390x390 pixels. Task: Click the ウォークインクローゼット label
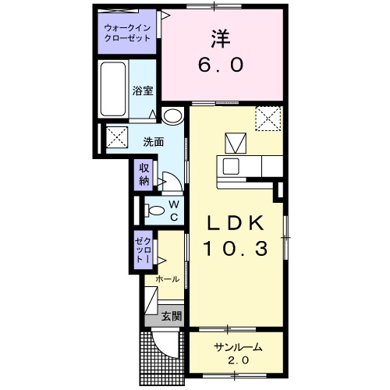click(x=128, y=34)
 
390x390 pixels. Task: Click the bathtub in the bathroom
click(x=114, y=88)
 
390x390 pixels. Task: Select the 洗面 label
click(x=152, y=142)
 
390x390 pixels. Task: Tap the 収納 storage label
click(x=144, y=175)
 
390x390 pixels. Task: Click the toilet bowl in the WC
click(x=155, y=210)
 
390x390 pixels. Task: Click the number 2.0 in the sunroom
click(x=237, y=361)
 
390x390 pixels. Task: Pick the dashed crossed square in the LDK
click(x=269, y=119)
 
